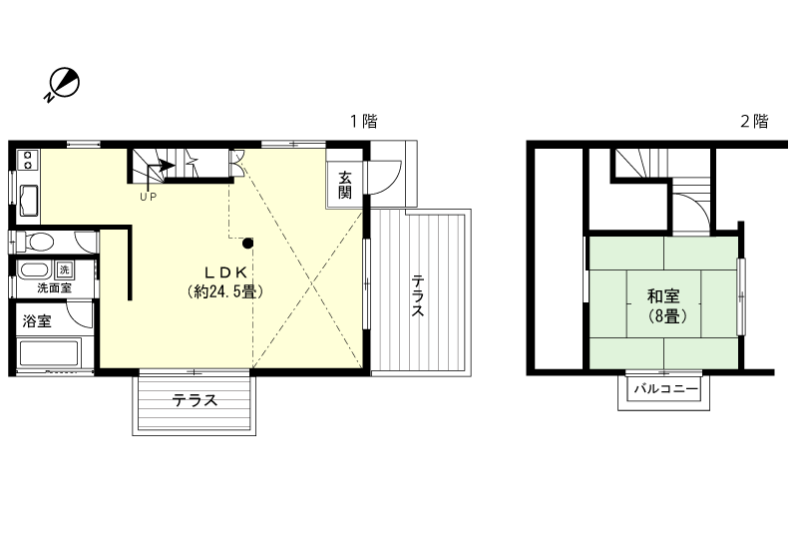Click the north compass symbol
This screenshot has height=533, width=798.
click(64, 84)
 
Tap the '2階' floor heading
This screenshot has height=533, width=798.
click(754, 122)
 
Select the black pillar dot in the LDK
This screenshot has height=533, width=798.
click(248, 242)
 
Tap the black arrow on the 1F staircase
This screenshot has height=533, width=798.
click(156, 169)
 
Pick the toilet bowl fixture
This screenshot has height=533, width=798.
click(38, 242)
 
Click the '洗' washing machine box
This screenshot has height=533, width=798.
click(64, 269)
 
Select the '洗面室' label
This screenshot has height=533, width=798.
click(54, 287)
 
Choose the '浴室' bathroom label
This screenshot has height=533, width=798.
click(38, 321)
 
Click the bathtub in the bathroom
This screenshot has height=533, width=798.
click(49, 353)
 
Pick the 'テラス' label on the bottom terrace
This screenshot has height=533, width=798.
click(195, 401)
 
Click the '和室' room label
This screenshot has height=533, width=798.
click(663, 296)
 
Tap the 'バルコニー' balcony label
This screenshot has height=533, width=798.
click(663, 390)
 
